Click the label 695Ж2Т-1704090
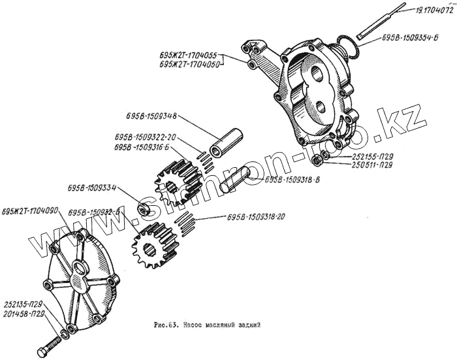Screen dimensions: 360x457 (30, 210)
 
